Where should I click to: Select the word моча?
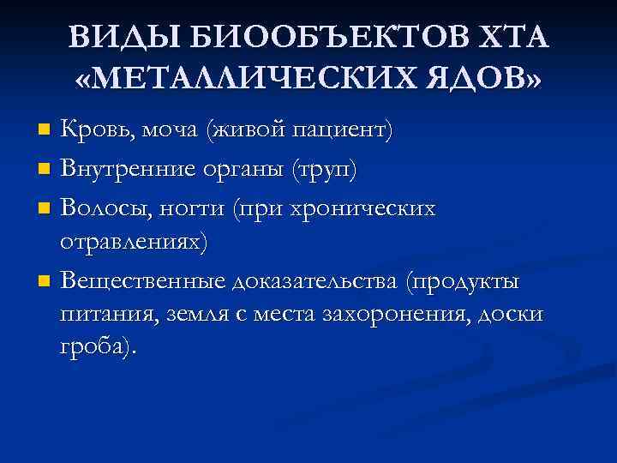[x=170, y=131]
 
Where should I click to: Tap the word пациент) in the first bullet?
[x=343, y=131]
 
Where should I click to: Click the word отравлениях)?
[x=133, y=243]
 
